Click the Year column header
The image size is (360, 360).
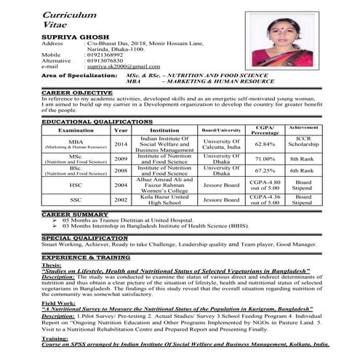click(121, 130)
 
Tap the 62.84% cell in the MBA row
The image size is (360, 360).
click(264, 145)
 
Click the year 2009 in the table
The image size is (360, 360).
click(121, 159)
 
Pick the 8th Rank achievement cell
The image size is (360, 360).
click(302, 159)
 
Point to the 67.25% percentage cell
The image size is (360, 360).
click(264, 171)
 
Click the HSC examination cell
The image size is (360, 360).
click(76, 185)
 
